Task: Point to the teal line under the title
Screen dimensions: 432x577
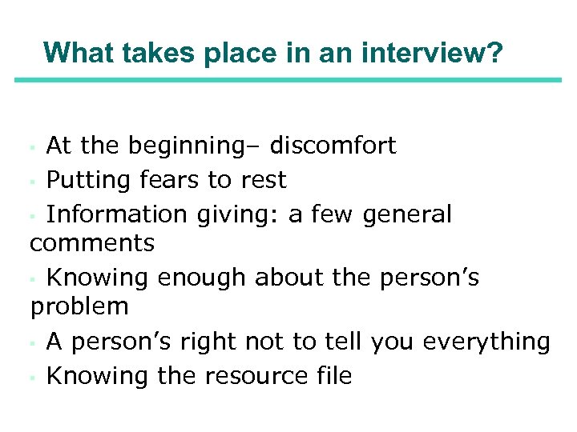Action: pos(288,79)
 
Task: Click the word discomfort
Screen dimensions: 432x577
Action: pos(333,146)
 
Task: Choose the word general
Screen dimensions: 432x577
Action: pos(407,214)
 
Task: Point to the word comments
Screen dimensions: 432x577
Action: pos(92,242)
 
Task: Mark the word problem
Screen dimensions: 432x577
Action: pos(79,306)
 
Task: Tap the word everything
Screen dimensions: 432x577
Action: pos(486,342)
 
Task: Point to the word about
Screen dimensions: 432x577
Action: pos(292,278)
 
